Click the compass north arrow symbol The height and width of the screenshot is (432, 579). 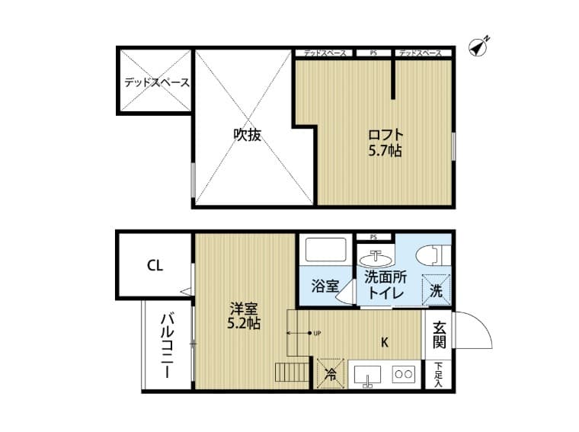click(478, 46)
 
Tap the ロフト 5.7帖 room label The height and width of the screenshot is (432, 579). click(385, 142)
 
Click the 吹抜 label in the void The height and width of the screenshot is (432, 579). click(247, 135)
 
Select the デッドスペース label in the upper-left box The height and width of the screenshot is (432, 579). click(157, 82)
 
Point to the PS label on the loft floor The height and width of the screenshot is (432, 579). click(373, 53)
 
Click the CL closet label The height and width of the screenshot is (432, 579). click(155, 266)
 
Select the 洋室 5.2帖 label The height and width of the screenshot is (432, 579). click(245, 315)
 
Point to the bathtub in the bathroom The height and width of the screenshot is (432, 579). click(325, 251)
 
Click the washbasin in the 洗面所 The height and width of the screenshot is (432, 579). click(375, 258)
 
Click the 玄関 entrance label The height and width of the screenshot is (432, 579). click(440, 334)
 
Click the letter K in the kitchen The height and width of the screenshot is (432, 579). click(385, 341)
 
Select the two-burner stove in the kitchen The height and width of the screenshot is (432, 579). click(402, 375)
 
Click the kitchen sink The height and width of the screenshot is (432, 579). click(368, 376)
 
